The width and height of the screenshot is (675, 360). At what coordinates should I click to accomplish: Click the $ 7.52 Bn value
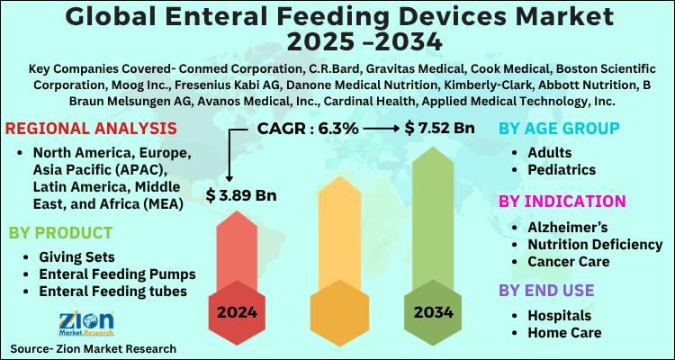click(439, 129)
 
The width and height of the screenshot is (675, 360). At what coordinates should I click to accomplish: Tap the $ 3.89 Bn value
click(241, 193)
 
